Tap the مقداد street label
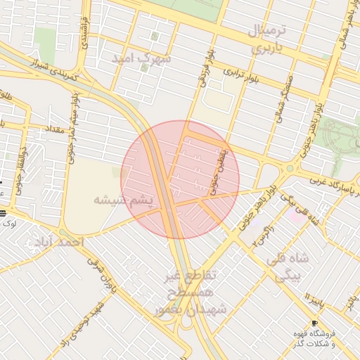54,130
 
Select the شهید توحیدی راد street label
89,323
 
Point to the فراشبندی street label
84,31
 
